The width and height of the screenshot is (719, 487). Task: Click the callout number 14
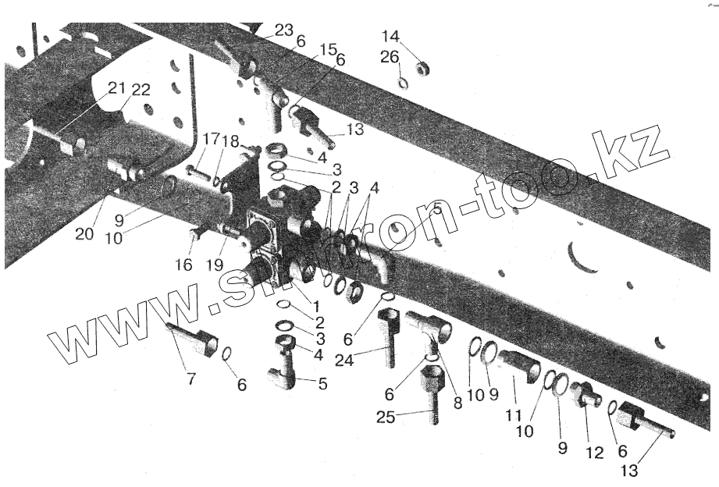click(x=390, y=37)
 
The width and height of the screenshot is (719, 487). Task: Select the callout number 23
click(x=283, y=30)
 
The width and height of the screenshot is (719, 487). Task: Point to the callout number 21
click(x=116, y=88)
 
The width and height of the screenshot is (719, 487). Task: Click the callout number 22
click(x=141, y=89)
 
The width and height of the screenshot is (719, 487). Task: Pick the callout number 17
click(x=210, y=140)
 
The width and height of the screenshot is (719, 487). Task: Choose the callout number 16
click(x=183, y=265)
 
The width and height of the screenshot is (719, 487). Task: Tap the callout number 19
click(x=216, y=265)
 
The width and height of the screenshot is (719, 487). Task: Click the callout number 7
click(x=191, y=380)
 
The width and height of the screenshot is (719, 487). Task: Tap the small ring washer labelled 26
click(x=403, y=82)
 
